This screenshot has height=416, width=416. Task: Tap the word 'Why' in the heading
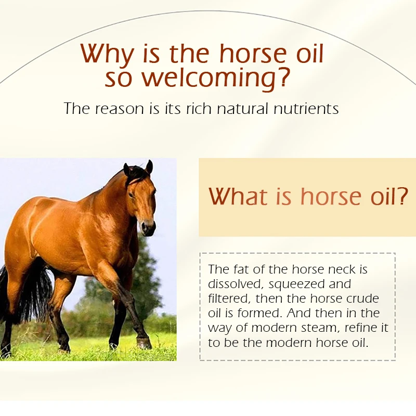(107, 55)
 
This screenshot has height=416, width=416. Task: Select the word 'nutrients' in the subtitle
(306, 109)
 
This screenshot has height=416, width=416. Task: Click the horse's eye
(131, 194)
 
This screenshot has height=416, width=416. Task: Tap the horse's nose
(148, 228)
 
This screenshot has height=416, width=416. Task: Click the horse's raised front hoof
(144, 344)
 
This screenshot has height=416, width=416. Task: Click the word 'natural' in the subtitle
(242, 109)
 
